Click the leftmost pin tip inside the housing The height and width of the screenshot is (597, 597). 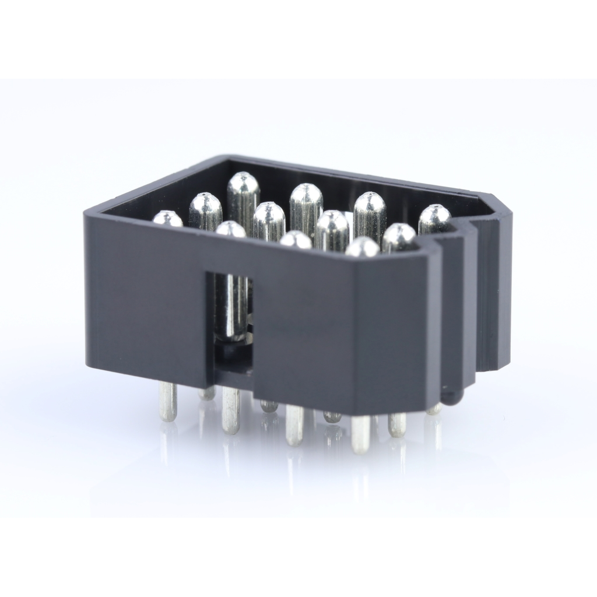[x=167, y=219]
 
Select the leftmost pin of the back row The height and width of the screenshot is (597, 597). [x=243, y=185]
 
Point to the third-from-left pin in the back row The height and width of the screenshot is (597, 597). [x=370, y=205]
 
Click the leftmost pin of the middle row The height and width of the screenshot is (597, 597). [x=205, y=205]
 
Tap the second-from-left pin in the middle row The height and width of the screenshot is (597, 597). [x=269, y=214]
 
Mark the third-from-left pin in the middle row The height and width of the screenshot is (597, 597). [x=332, y=223]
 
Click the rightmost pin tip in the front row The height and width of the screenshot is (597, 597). [x=362, y=247]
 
